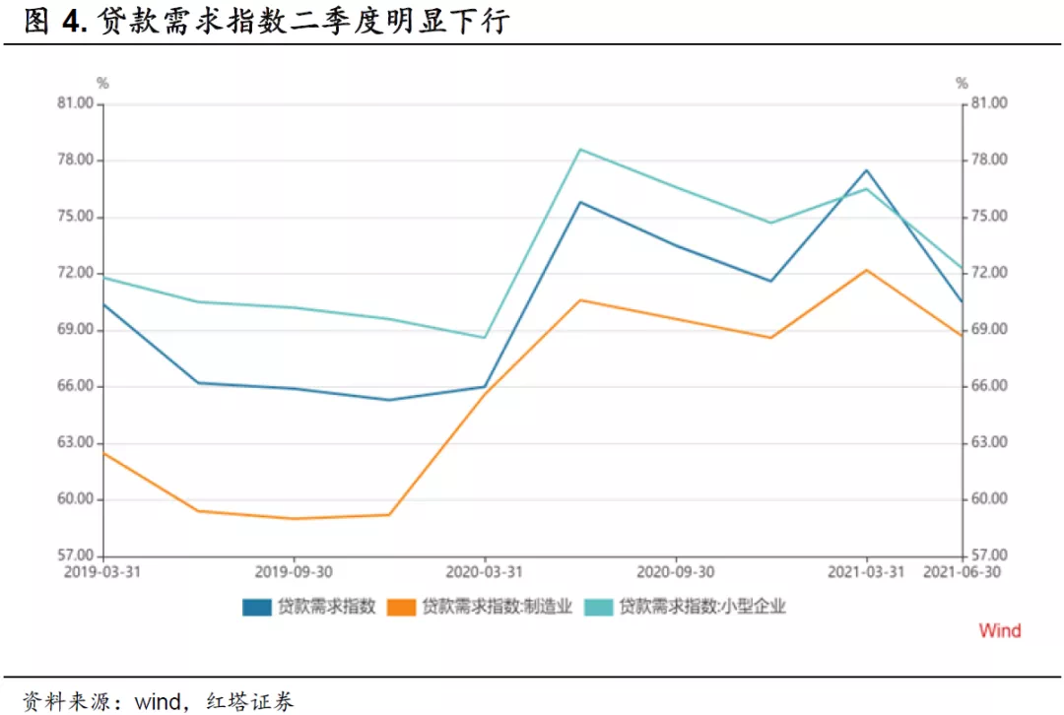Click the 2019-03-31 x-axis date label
(x=101, y=571)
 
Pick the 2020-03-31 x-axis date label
(x=484, y=571)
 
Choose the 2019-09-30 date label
(x=293, y=571)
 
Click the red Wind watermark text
(x=999, y=630)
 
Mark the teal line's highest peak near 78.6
(x=580, y=150)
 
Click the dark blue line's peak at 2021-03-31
(x=867, y=170)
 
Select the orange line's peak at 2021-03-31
(x=867, y=270)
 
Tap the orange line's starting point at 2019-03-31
(x=103, y=453)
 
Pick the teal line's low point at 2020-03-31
(x=485, y=338)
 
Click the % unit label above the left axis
(x=102, y=84)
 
